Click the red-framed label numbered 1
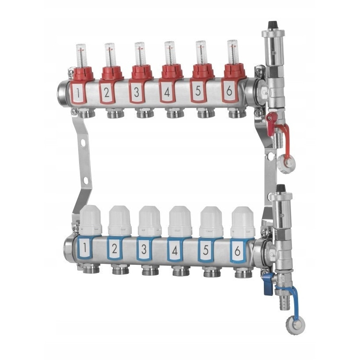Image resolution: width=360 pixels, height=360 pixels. pos(78,93)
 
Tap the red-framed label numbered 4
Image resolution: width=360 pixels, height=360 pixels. pos(167,91)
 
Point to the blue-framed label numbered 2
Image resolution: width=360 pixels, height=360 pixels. pos(114,248)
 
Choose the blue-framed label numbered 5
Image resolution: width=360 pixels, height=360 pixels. pos(206,249)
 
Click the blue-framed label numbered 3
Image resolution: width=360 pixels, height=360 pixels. pos(144,248)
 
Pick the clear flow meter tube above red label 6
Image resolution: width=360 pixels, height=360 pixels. pos(233,52)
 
